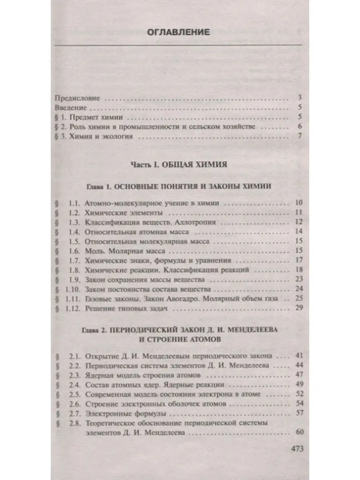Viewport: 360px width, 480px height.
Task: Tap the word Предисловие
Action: click(x=77, y=98)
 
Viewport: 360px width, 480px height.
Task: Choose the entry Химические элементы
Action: click(x=124, y=212)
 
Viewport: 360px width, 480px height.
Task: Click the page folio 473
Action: click(x=296, y=448)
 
